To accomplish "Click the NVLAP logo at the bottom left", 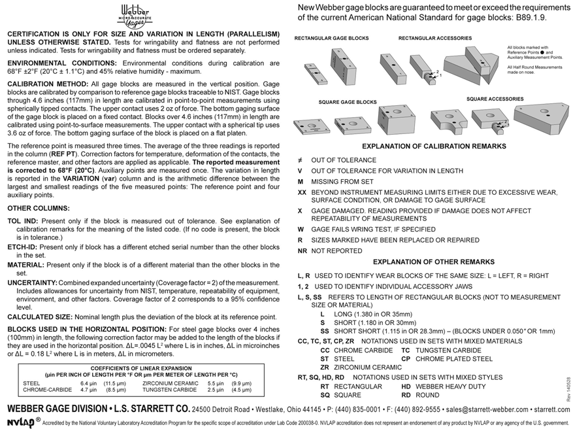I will click(x=20, y=422).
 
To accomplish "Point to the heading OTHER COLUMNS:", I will click(x=33, y=208).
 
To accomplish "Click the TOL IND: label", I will click(x=23, y=221).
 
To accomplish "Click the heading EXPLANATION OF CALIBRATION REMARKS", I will click(x=434, y=146).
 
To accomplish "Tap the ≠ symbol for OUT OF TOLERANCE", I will click(x=301, y=160).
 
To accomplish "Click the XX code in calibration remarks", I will click(x=302, y=193).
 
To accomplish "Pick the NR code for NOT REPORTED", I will click(x=302, y=250).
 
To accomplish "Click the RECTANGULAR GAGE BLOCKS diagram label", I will click(x=331, y=39).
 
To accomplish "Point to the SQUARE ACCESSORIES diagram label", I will click(x=495, y=99).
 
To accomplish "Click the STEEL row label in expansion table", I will click(x=31, y=383).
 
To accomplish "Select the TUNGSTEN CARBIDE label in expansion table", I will click(x=169, y=389).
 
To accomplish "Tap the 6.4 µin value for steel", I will click(x=89, y=383).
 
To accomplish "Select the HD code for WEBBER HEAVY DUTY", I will click(x=406, y=386).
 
